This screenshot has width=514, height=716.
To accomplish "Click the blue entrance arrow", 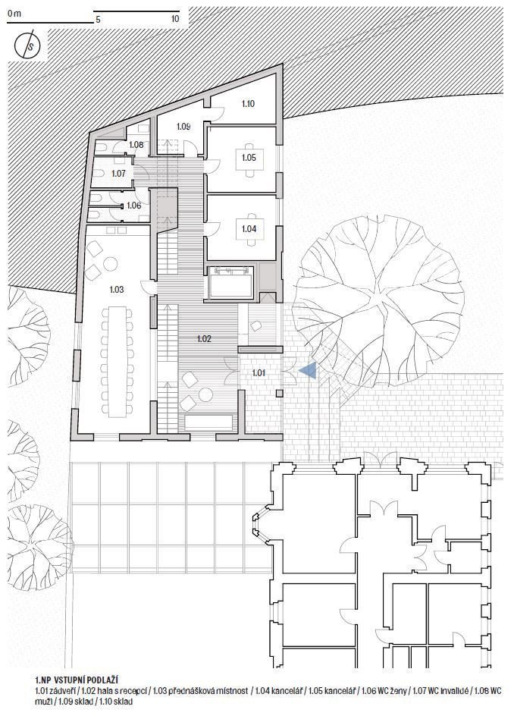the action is point(308,370).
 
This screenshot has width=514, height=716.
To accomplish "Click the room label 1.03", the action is point(117,290).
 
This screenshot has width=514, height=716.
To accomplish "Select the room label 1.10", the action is point(248,104).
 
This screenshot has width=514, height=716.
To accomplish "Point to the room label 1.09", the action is point(183,126).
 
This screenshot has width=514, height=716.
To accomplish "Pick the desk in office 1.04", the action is point(249,228).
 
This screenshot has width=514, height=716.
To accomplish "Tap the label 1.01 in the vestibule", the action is point(259,373).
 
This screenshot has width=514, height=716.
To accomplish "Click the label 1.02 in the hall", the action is point(204,339).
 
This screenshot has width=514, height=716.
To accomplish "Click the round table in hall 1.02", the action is point(206,394).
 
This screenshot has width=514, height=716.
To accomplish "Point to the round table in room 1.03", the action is point(111,264).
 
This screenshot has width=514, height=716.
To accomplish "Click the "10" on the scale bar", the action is point(175,19).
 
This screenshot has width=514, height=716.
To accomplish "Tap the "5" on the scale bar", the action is point(98,20).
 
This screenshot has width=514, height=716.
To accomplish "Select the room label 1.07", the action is point(118,174).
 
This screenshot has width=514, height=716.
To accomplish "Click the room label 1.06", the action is point(133,206).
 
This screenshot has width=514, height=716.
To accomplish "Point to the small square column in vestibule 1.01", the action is point(280,393).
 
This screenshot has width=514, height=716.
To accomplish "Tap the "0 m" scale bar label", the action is point(14,13).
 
